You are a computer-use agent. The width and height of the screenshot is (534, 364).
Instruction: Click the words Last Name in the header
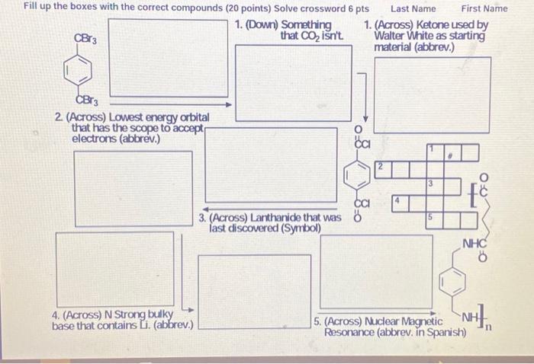point(413,8)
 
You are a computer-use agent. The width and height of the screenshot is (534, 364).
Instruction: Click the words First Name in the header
point(484,8)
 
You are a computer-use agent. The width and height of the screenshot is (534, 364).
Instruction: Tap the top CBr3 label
point(85,38)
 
